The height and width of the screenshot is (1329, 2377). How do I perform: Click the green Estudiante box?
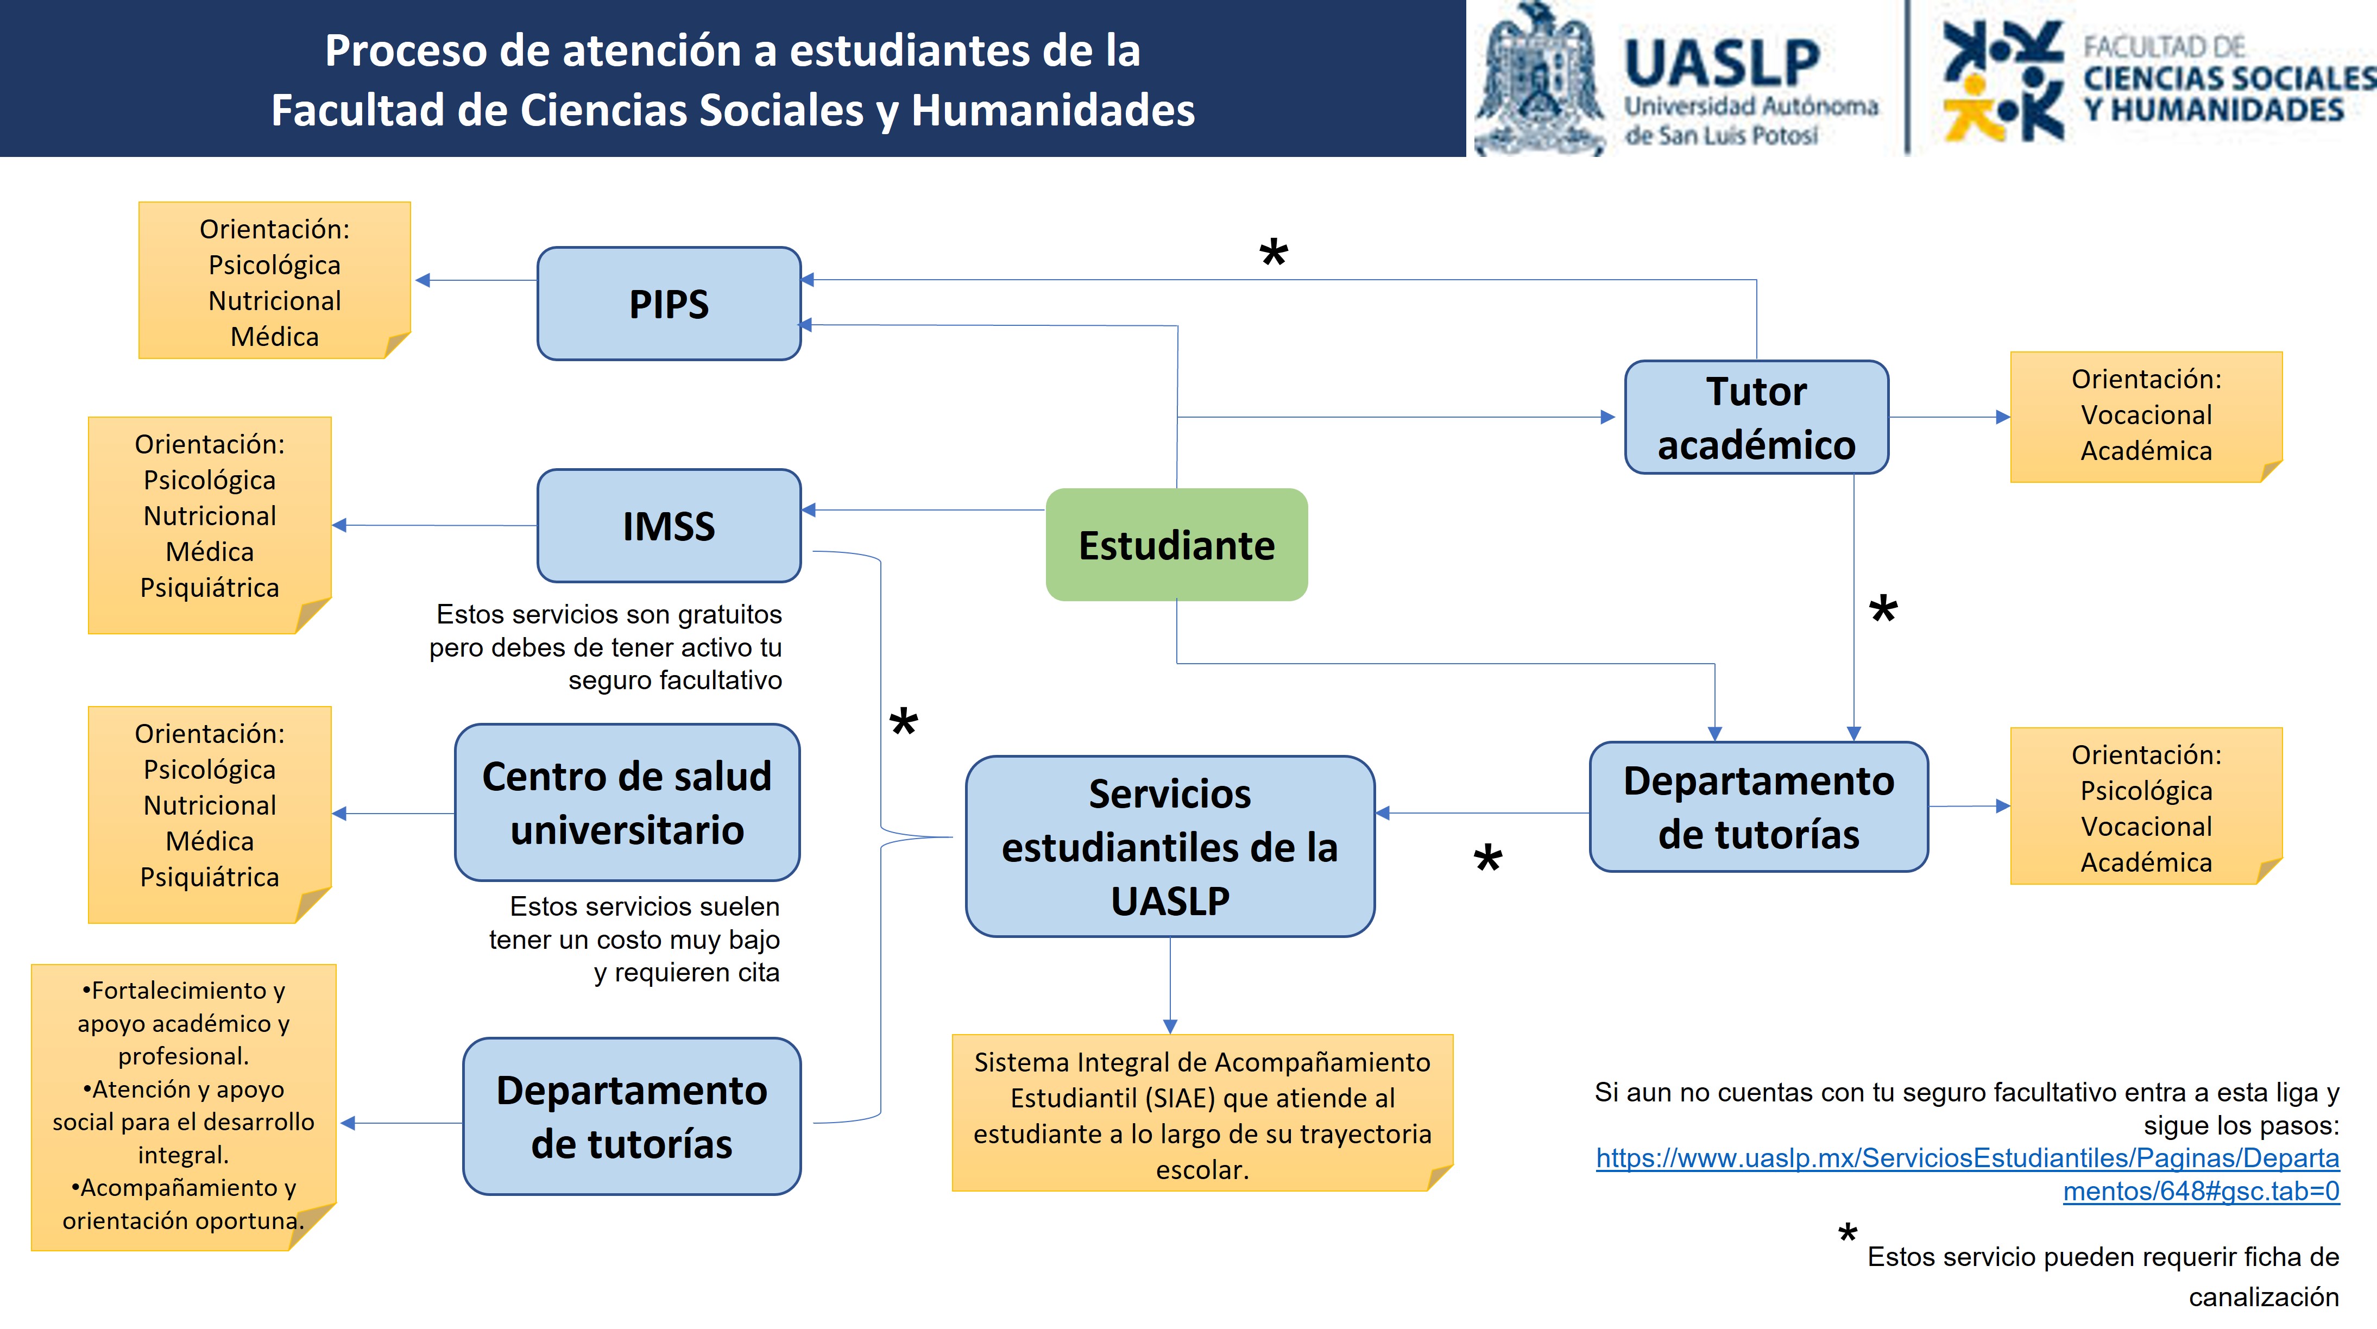1176,545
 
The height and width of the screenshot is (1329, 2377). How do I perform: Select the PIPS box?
669,304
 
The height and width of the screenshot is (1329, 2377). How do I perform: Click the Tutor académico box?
1756,417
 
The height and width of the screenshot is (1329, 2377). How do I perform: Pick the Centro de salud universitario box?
627,802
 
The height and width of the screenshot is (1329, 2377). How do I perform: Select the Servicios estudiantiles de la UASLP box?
1170,846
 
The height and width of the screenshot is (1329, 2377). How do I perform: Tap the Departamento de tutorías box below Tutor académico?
1759,807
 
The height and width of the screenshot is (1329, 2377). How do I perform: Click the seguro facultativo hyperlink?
1968,1174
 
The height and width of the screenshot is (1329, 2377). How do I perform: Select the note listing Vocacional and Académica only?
2146,415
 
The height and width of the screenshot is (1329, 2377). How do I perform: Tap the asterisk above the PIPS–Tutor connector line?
1273,253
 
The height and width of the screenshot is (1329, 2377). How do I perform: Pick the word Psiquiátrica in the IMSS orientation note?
210,587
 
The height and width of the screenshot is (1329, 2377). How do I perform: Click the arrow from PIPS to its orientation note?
475,280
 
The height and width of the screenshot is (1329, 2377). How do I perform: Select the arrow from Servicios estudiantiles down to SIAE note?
1170,987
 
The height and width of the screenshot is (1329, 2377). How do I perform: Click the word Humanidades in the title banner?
1053,110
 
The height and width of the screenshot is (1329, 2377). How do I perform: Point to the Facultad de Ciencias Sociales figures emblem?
2002,81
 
